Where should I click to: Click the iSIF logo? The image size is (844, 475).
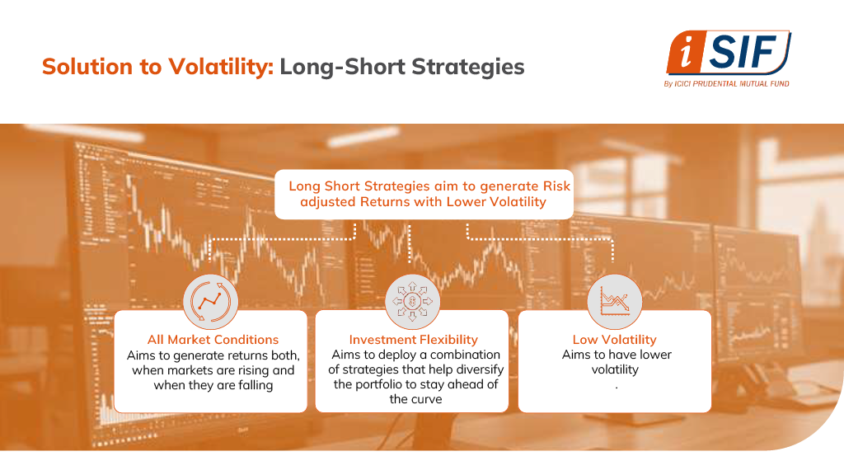(x=728, y=59)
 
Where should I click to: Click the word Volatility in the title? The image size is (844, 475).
(x=221, y=67)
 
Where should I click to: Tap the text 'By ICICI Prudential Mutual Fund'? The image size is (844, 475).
(x=726, y=83)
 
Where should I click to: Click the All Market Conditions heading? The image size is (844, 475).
(x=213, y=339)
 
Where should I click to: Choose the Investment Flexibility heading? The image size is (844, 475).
(x=414, y=339)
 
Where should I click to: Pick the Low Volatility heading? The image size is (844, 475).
(x=615, y=339)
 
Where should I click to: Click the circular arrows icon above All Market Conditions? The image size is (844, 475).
(x=210, y=302)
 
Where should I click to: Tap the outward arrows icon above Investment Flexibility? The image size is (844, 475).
(x=412, y=302)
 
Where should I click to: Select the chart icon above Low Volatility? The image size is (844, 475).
(x=614, y=302)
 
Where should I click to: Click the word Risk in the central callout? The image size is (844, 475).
(x=556, y=186)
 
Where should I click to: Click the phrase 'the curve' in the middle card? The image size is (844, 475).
(x=415, y=399)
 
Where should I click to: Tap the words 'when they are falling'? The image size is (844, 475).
(x=213, y=385)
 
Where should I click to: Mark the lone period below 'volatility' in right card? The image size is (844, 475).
(x=617, y=388)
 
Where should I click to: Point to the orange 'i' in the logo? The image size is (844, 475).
(x=686, y=53)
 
